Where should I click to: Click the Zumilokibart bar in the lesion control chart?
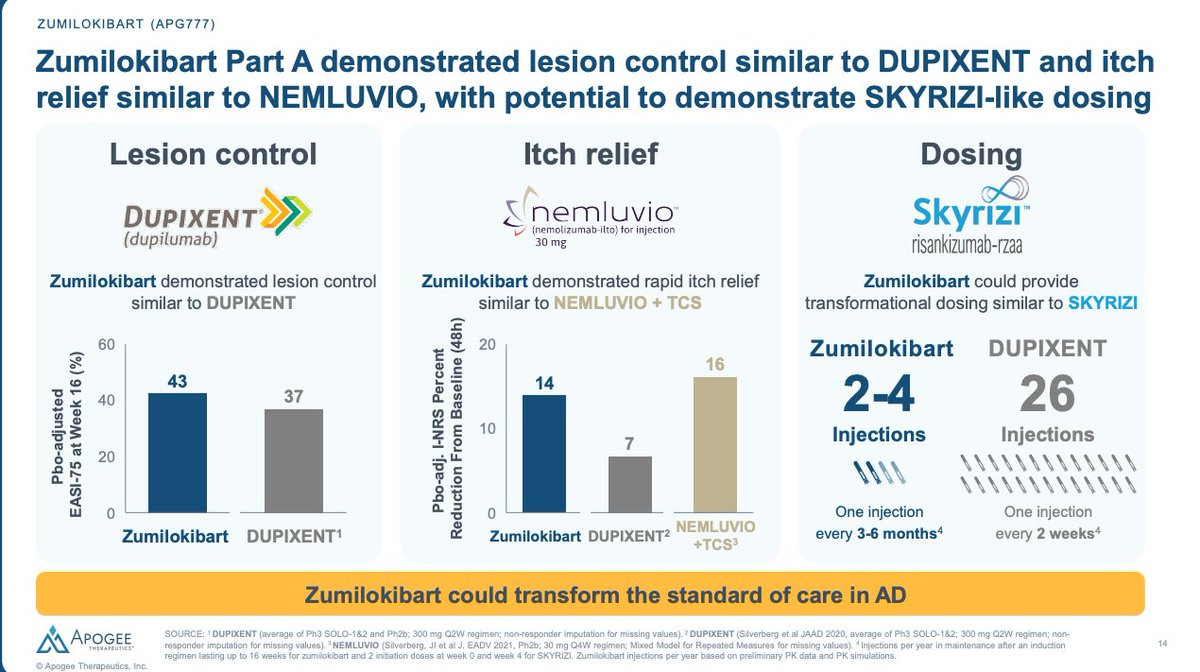tap(178, 453)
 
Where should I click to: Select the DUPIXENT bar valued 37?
tap(294, 461)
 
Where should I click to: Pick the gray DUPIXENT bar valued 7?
tap(631, 485)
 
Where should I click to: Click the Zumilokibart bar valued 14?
tap(544, 454)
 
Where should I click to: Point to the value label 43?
tap(178, 380)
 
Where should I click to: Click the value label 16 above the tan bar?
tap(714, 365)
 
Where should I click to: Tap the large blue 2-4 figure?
tap(879, 394)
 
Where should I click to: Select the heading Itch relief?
tap(590, 154)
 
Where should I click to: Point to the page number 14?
tap(1162, 642)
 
